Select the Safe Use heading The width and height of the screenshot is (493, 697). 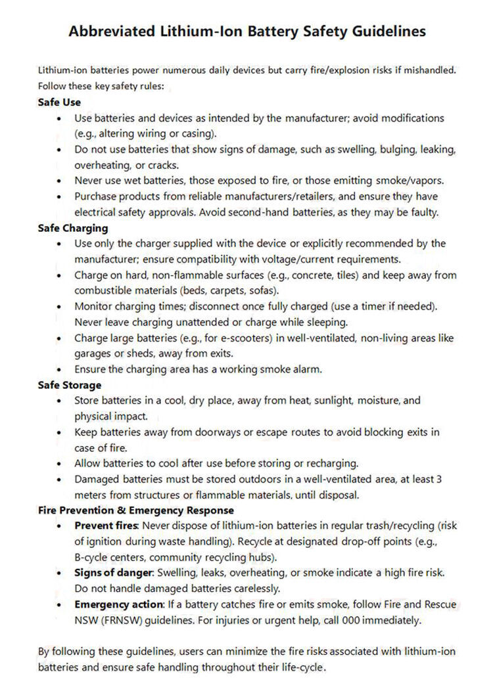[59, 102]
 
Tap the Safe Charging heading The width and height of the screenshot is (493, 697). [72, 228]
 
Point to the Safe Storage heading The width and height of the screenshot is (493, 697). [70, 385]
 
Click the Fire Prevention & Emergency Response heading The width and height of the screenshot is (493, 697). [136, 510]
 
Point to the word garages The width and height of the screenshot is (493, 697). [93, 354]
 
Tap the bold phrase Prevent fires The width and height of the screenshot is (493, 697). [106, 526]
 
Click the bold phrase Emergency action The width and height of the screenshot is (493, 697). [118, 604]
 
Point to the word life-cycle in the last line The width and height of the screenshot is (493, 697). [302, 667]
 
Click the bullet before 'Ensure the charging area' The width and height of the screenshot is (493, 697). [60, 370]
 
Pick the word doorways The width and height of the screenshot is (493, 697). [197, 432]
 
